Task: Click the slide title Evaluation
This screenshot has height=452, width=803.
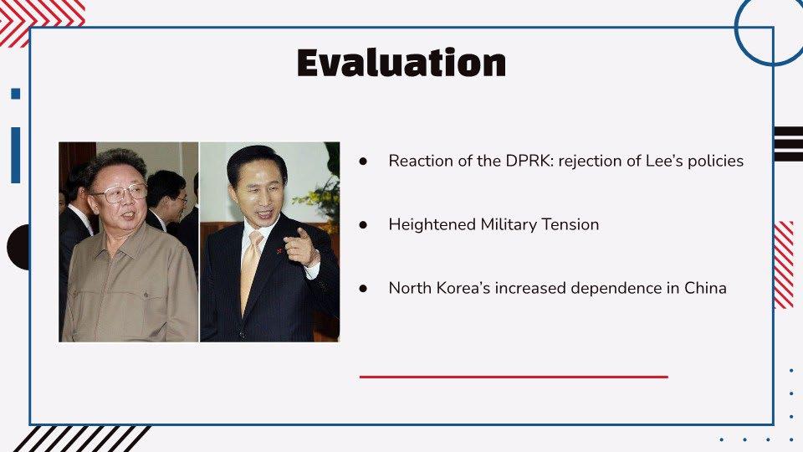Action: tap(401, 63)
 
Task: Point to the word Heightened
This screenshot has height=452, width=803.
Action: tap(432, 225)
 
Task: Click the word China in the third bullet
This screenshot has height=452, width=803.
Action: tap(705, 288)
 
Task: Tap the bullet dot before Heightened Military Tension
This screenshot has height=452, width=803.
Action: tap(364, 225)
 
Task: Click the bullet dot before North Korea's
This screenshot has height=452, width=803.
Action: tap(364, 289)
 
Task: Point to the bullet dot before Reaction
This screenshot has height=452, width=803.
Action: tap(364, 162)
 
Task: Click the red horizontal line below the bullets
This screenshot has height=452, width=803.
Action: tap(514, 377)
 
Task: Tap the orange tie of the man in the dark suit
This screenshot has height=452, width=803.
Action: tap(249, 266)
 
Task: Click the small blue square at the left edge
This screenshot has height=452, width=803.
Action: tap(15, 94)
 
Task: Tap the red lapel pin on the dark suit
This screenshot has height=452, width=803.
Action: tap(279, 251)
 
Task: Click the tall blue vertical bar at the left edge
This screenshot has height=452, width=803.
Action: tap(15, 156)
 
